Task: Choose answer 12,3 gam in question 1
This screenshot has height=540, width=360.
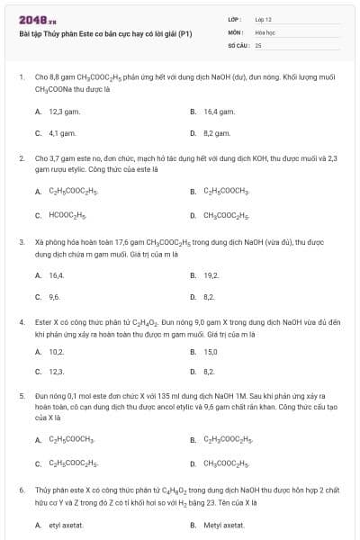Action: pyautogui.click(x=61, y=112)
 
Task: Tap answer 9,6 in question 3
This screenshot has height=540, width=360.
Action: pyautogui.click(x=55, y=296)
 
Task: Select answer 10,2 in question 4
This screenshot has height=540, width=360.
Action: pyautogui.click(x=56, y=352)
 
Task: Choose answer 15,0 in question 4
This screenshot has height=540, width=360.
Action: pyautogui.click(x=211, y=352)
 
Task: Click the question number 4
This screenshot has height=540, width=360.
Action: pyautogui.click(x=22, y=320)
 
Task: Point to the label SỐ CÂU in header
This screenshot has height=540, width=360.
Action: pyautogui.click(x=238, y=44)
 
